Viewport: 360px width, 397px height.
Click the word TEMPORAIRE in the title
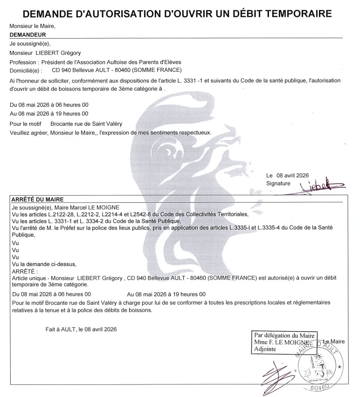click(x=293, y=13)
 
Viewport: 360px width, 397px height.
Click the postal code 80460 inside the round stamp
click(x=320, y=386)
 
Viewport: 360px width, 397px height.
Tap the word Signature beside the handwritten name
click(x=278, y=184)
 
